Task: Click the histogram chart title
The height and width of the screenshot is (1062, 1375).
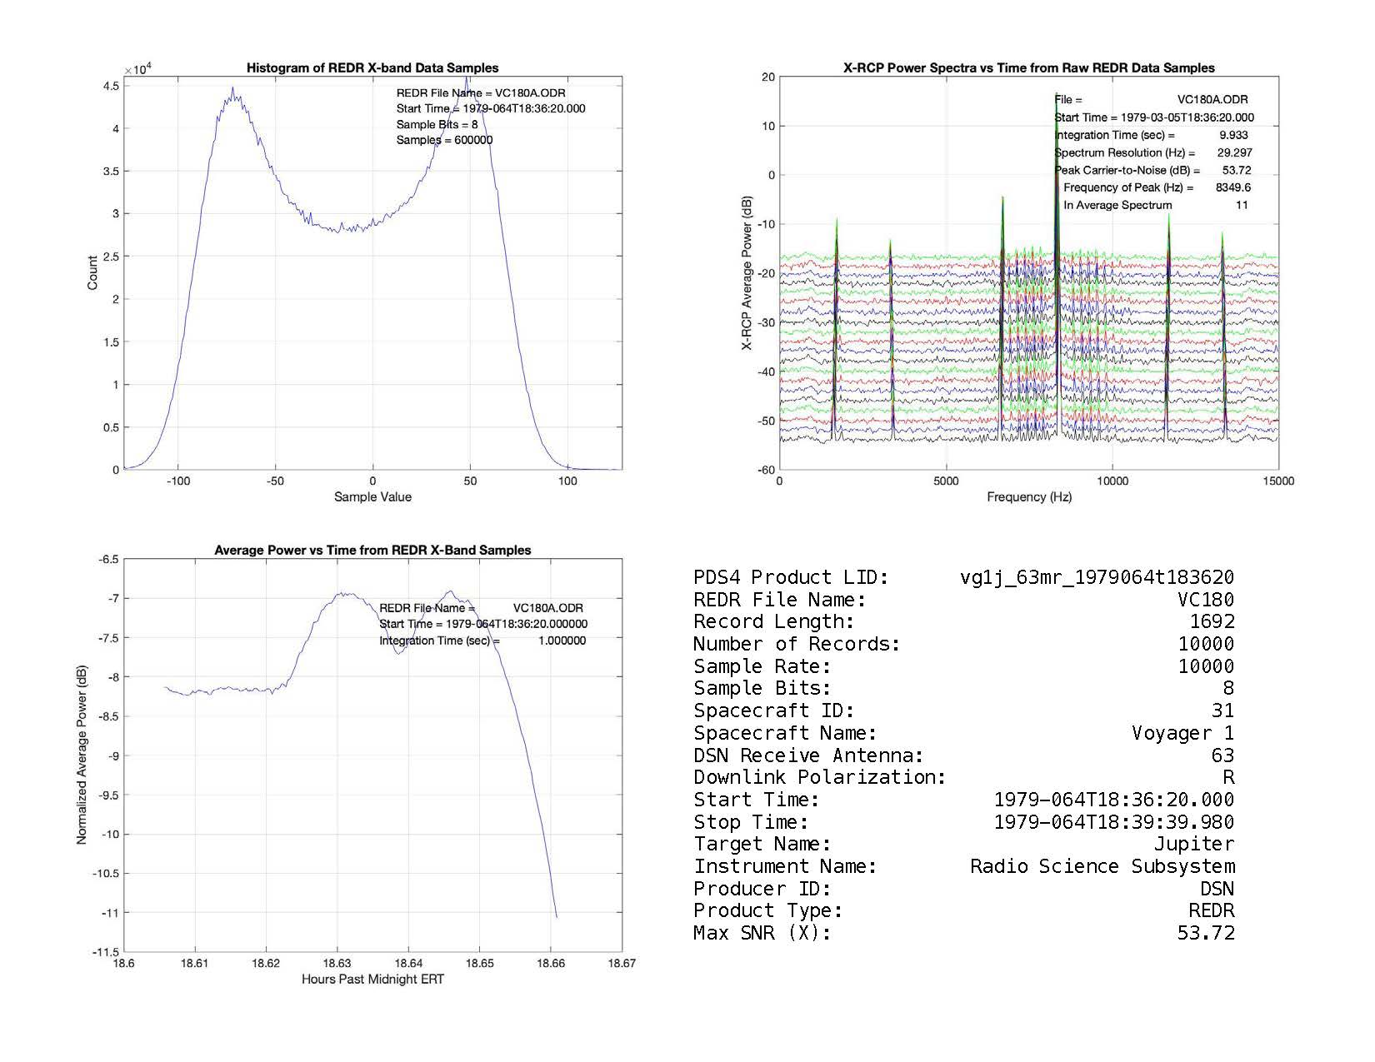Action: pos(372,68)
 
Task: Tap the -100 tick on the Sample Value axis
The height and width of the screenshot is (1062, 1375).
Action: pos(177,481)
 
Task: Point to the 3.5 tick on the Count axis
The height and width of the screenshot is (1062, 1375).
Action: pos(110,172)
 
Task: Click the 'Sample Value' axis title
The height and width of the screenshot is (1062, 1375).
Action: pos(372,497)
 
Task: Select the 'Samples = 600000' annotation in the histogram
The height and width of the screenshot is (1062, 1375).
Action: pos(444,140)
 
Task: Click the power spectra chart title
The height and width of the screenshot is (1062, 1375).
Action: pos(1028,68)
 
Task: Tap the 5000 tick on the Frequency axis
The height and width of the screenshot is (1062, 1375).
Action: pos(946,481)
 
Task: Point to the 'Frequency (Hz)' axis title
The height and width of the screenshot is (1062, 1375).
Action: pos(1029,497)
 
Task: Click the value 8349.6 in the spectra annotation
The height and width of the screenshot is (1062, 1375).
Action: pos(1232,187)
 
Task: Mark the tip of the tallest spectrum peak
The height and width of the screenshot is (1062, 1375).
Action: pos(1056,93)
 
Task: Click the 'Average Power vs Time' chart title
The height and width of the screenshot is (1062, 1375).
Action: pos(372,551)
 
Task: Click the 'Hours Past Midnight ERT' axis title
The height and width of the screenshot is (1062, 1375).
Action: pos(372,980)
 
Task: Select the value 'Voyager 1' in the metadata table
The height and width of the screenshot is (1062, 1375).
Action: pos(1182,734)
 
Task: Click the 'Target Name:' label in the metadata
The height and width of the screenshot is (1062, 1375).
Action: pos(762,845)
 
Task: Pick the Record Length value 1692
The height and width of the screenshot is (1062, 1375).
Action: pos(1212,622)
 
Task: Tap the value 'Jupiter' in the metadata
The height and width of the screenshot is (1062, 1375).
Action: pos(1193,845)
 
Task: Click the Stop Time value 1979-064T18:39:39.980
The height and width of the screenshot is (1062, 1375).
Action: pos(1114,823)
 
